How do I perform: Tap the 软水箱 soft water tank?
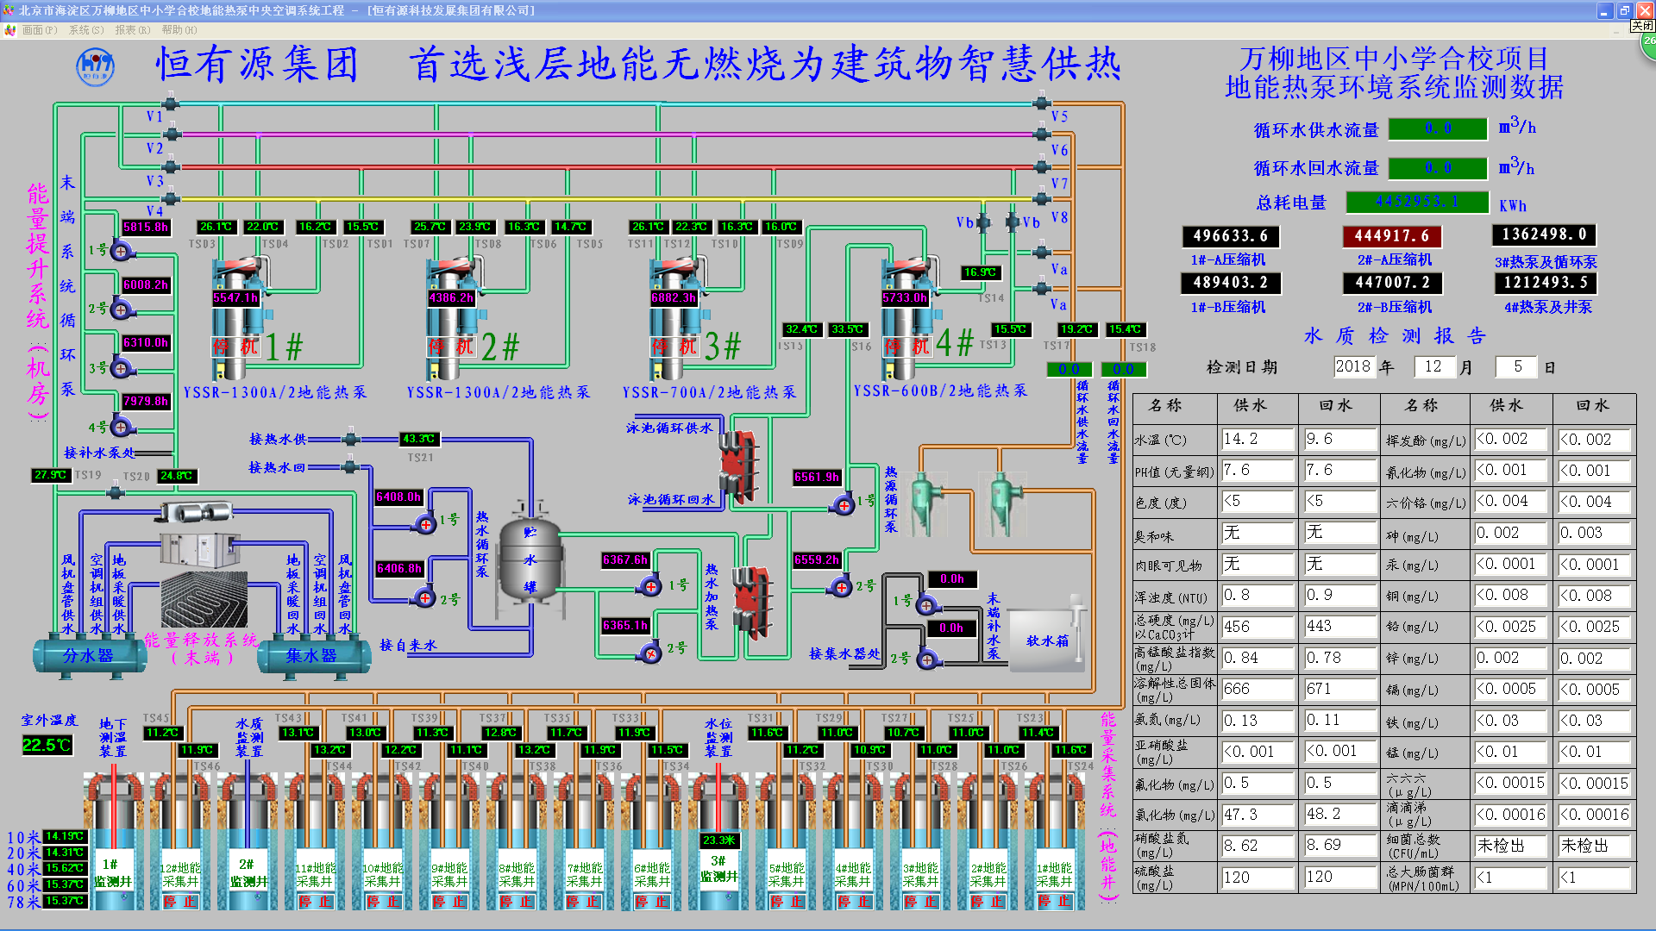pos(1046,640)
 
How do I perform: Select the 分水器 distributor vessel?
pos(88,656)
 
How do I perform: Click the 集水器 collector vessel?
pos(311,656)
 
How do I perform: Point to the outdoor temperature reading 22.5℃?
pos(47,745)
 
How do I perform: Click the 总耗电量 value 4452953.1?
pos(1417,202)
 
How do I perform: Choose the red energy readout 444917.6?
pos(1391,235)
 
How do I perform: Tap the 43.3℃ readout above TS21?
pos(419,439)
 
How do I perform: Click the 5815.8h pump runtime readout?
pos(145,228)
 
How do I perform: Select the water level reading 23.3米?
pos(718,840)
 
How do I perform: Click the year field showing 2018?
pos(1352,366)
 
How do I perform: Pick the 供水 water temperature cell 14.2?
pos(1256,440)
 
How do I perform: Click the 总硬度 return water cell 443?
pos(1339,627)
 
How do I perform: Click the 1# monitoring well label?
pos(112,872)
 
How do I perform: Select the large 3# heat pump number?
pos(722,347)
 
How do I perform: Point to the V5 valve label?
pos(1059,116)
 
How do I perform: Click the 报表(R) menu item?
pos(132,30)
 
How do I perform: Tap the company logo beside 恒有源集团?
pos(95,66)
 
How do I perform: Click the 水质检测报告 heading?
pos(1394,335)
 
